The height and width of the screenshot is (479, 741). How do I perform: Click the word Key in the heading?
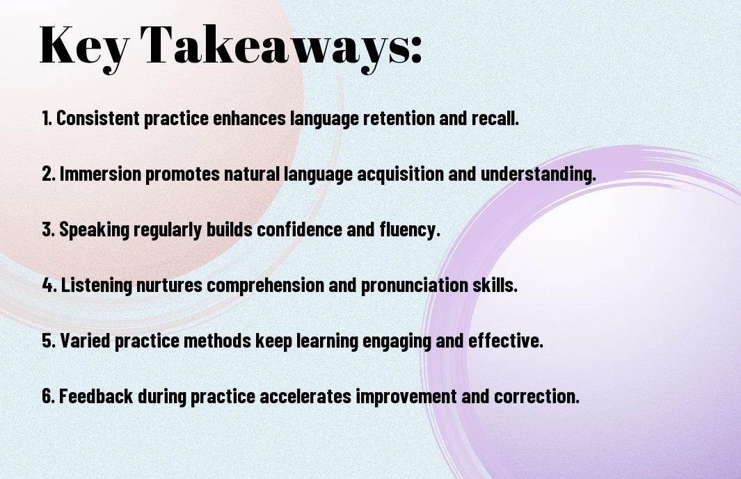point(83,47)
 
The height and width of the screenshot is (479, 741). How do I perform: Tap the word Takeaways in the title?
point(272,47)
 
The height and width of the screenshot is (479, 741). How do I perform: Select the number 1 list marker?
point(47,118)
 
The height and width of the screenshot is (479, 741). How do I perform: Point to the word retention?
point(399,118)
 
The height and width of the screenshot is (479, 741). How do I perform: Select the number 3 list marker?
point(48,229)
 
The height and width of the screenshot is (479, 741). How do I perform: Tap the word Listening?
point(97,286)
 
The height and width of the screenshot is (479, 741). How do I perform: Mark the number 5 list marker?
point(49,341)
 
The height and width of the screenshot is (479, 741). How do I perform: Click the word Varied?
point(85,340)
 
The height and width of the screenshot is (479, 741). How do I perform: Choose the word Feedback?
point(96,396)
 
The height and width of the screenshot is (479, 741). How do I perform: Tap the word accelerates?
point(305,396)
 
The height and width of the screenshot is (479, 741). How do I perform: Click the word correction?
point(536,396)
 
